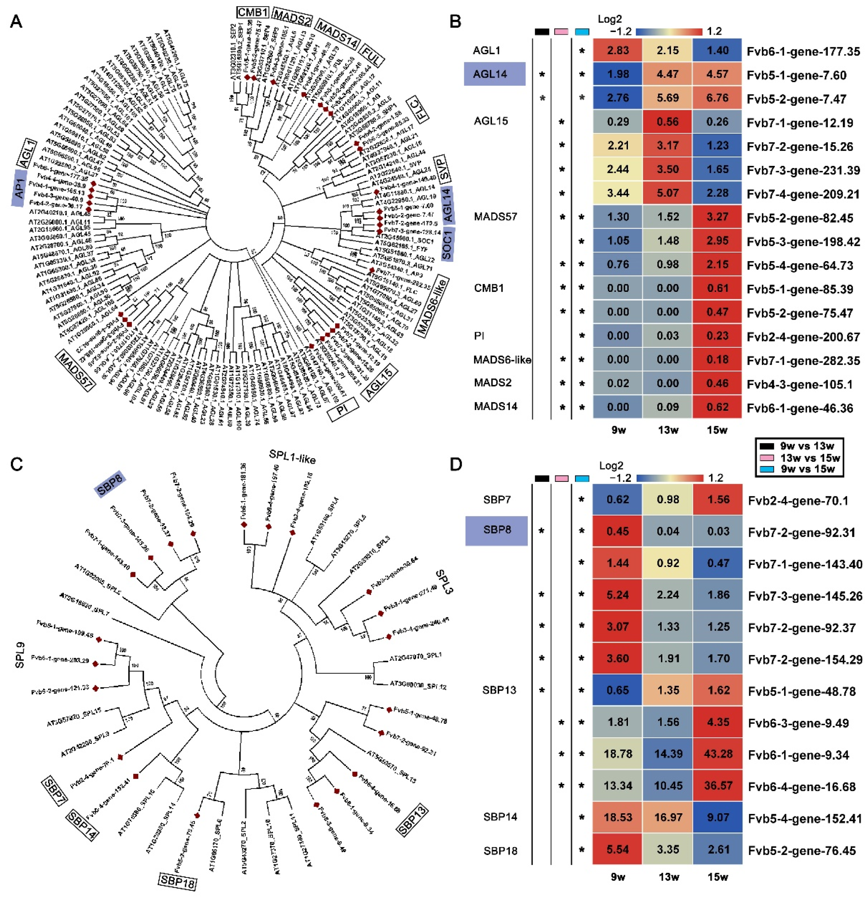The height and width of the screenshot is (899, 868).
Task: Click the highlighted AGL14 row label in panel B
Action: click(490, 74)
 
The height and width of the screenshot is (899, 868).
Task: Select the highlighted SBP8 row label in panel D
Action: click(497, 530)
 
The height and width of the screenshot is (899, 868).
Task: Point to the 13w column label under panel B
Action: click(667, 430)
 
